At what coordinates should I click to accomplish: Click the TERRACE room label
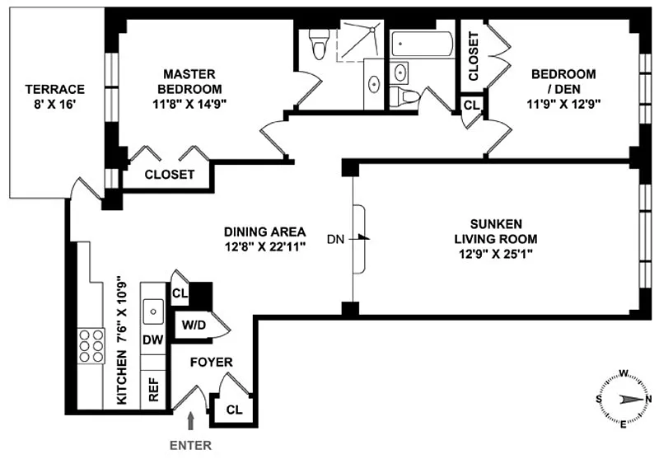pos(54,89)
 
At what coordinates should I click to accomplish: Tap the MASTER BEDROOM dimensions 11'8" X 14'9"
pos(189,104)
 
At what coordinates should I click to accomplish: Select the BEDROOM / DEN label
pos(563,81)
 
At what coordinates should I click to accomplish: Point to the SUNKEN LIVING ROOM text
pos(496,232)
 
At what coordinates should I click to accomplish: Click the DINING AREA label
pos(264,232)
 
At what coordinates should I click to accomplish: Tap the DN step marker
pos(335,239)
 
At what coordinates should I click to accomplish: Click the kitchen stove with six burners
pos(91,345)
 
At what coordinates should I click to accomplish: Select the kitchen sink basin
pos(153,311)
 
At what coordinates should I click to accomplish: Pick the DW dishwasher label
pos(153,340)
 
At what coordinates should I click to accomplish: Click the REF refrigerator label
pos(154,389)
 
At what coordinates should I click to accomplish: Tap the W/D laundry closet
pos(194,325)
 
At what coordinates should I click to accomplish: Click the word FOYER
pos(212,363)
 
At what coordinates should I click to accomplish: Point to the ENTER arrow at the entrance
pos(191,420)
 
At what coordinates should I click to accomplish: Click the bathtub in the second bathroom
pos(423,44)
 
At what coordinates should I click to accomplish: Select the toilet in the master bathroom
pos(319,44)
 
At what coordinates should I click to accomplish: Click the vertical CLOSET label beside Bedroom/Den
pos(473,56)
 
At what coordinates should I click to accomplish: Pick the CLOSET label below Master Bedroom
pos(170,175)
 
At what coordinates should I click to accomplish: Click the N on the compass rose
pos(649,400)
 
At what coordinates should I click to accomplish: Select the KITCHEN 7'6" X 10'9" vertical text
pos(121,340)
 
